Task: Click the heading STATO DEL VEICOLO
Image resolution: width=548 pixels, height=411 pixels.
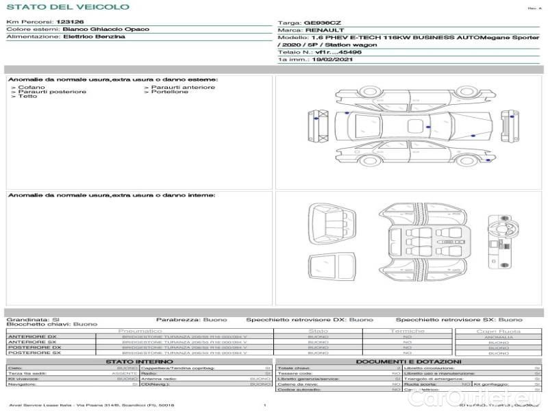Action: click(x=67, y=7)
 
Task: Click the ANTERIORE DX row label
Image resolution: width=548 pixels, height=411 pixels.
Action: click(x=32, y=336)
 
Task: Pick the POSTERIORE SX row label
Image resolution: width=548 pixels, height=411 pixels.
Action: click(x=34, y=353)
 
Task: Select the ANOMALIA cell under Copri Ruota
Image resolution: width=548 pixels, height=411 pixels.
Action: click(x=498, y=336)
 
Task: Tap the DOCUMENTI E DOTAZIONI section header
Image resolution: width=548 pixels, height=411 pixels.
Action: click(x=408, y=361)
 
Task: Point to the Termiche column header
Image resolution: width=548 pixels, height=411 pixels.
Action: click(x=408, y=331)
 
